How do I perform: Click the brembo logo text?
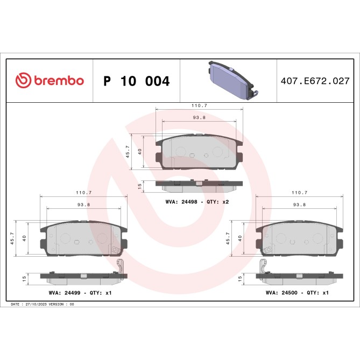pyautogui.click(x=59, y=81)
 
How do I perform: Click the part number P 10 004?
pyautogui.click(x=136, y=81)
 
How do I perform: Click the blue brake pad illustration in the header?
pyautogui.click(x=230, y=81)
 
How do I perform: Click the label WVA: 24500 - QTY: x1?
pyautogui.click(x=297, y=293)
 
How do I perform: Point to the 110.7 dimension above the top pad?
pyautogui.click(x=199, y=107)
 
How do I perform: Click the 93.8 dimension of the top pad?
pyautogui.click(x=199, y=118)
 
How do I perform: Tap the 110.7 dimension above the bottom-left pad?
pyautogui.click(x=83, y=193)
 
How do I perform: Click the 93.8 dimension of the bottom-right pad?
pyautogui.click(x=299, y=204)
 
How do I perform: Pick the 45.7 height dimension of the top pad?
pyautogui.click(x=128, y=152)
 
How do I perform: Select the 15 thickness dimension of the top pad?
pyautogui.click(x=139, y=185)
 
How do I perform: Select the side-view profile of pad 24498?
pyautogui.click(x=199, y=184)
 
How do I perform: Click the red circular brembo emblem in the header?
pyautogui.click(x=23, y=81)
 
